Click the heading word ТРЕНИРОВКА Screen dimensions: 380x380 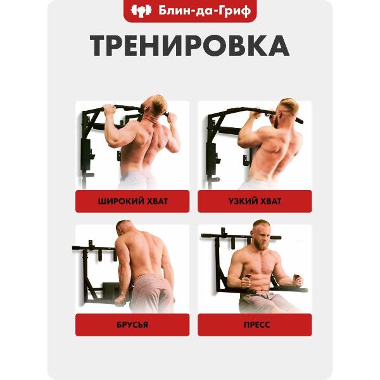(x=189, y=46)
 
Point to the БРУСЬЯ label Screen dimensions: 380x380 (x=133, y=324)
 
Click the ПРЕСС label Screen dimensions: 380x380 (x=255, y=324)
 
